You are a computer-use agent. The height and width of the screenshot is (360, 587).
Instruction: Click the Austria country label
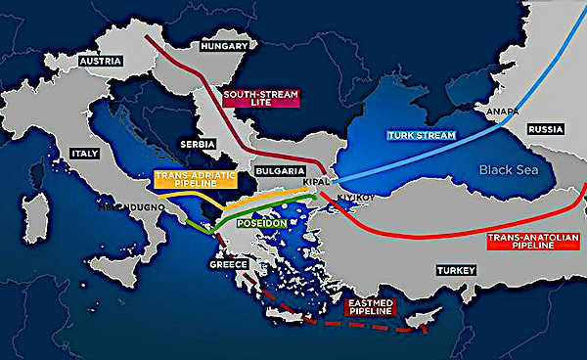100,61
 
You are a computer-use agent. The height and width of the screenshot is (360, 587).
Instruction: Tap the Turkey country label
456,269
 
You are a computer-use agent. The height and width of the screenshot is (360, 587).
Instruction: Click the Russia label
545,128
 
